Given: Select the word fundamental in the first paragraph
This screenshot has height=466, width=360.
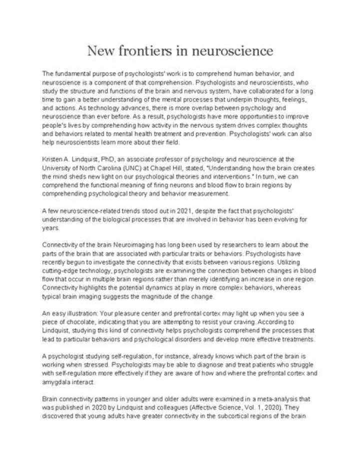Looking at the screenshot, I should (x=72, y=73).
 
